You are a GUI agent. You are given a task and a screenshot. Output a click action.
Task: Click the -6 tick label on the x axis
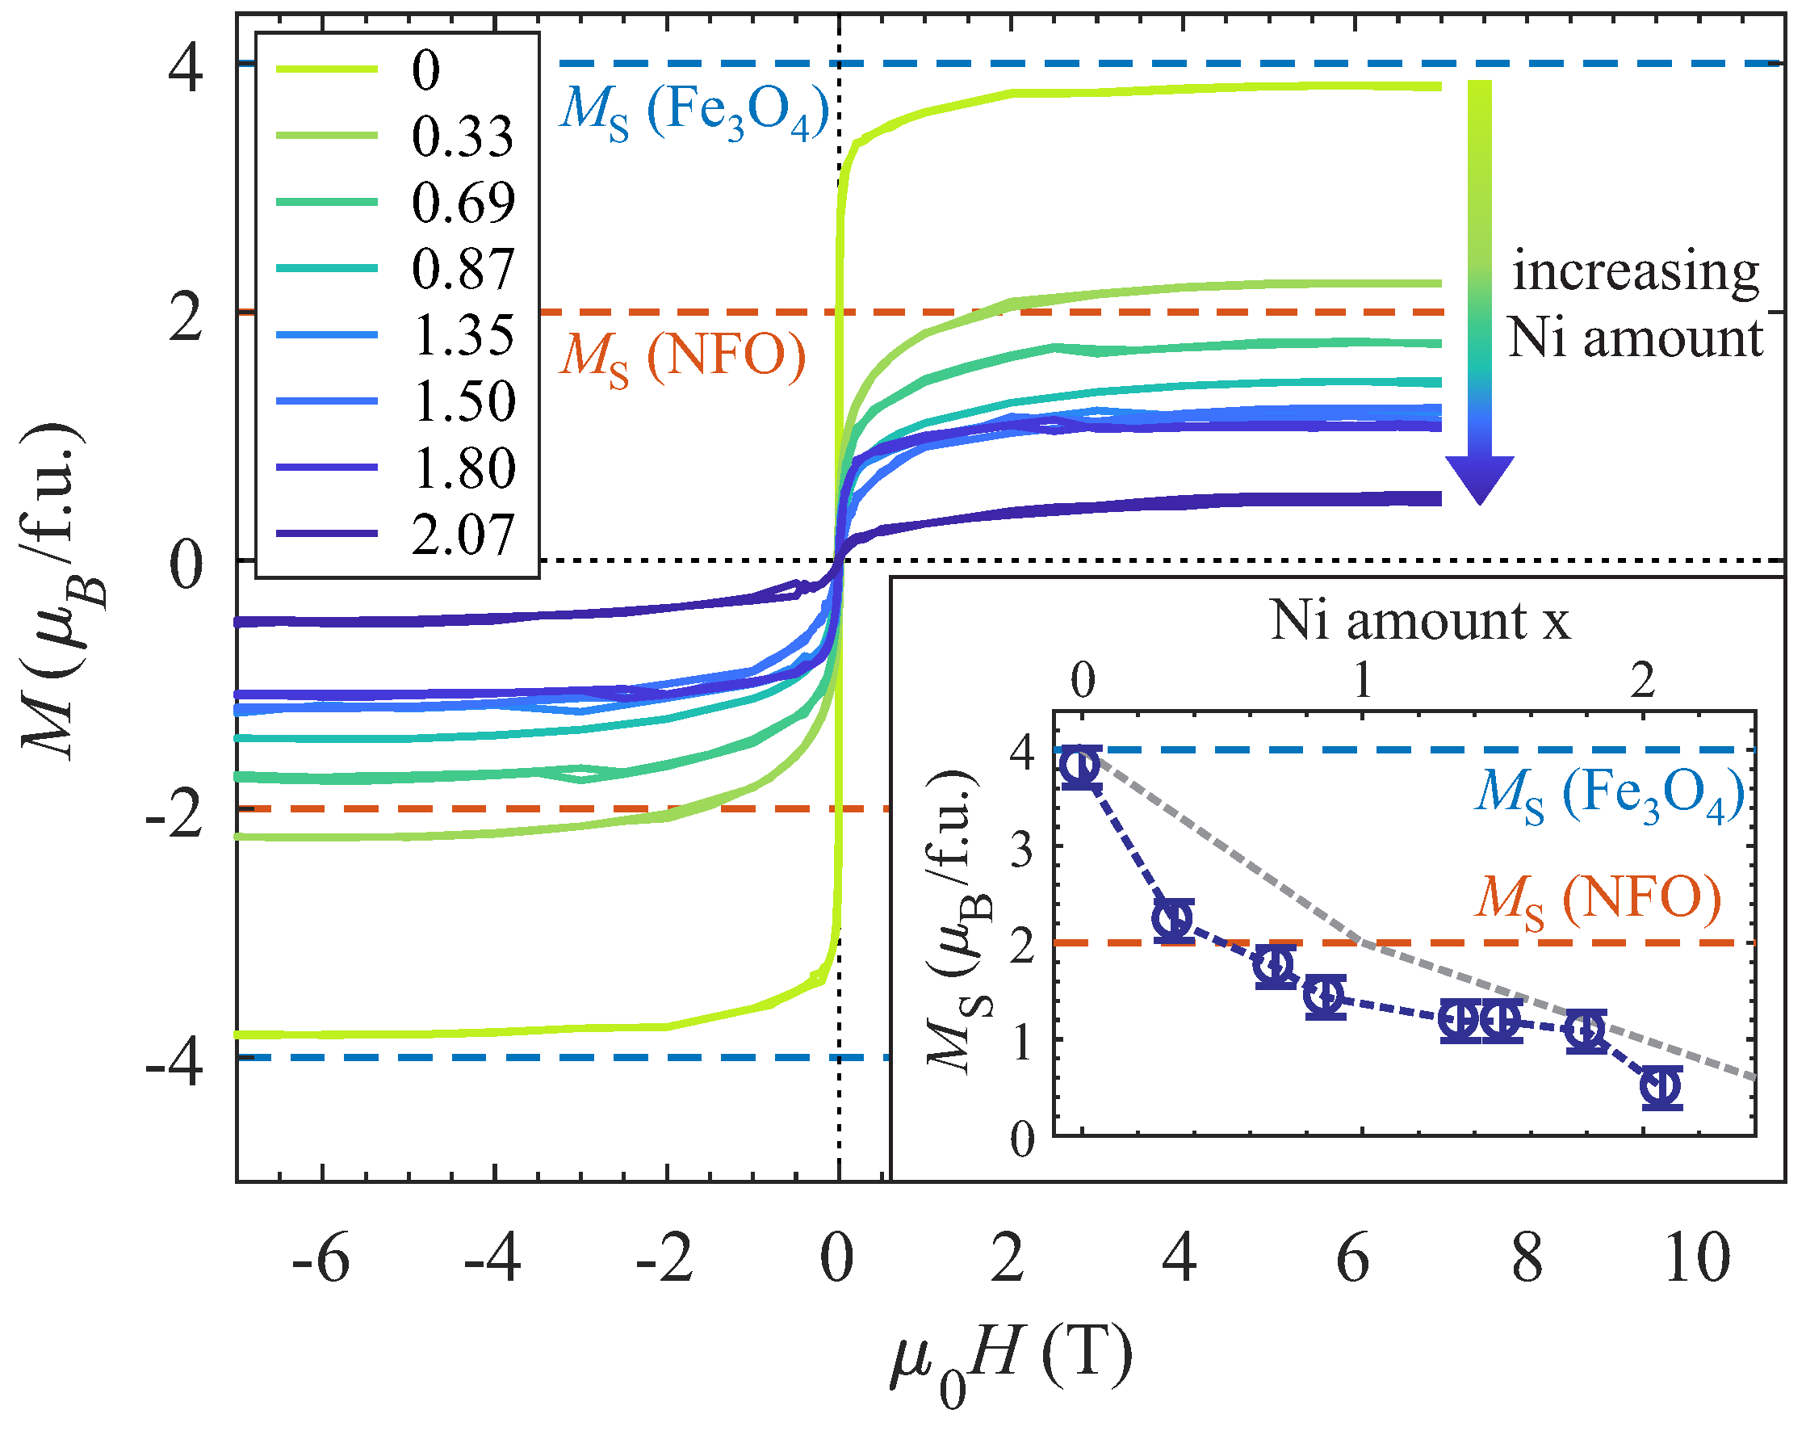[x=321, y=1258]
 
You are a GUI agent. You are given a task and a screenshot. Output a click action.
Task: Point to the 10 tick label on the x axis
[x=1697, y=1258]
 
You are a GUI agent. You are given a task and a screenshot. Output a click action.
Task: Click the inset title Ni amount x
[x=1421, y=621]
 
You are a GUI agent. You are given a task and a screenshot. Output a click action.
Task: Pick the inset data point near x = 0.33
[x=1174, y=920]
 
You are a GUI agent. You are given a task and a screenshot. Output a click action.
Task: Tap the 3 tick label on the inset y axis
[x=1024, y=850]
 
